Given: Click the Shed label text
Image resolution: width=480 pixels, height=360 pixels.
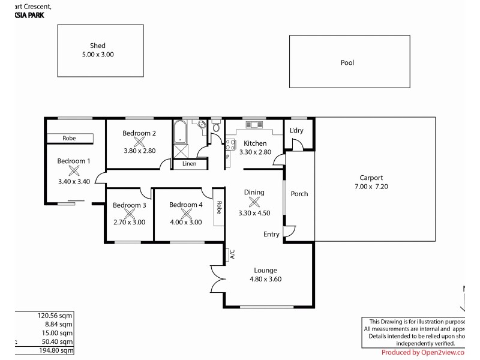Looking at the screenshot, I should [x=98, y=46].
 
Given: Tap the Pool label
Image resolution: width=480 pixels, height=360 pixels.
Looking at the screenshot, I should [x=347, y=62].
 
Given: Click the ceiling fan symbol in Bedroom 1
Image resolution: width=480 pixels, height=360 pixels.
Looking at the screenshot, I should [x=74, y=170].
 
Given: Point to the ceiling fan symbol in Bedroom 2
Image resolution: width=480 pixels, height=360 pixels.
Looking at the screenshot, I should [x=139, y=142].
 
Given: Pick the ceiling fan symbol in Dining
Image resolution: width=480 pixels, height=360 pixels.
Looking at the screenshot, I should [x=254, y=202].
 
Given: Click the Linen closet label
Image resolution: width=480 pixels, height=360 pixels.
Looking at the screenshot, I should [x=189, y=163].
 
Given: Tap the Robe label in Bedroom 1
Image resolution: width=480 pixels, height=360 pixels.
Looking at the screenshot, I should [x=69, y=138].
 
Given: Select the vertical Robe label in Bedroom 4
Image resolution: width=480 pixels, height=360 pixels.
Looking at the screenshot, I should [x=219, y=208].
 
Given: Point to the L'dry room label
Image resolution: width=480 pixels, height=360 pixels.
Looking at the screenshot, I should [x=296, y=131].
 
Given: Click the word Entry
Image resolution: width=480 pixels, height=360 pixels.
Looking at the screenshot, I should [x=271, y=234].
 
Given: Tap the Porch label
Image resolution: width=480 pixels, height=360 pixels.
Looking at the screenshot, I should [x=299, y=194].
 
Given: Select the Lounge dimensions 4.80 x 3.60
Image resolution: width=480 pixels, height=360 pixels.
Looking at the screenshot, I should [x=266, y=279].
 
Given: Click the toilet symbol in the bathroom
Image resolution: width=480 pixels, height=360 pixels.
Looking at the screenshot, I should [x=216, y=127].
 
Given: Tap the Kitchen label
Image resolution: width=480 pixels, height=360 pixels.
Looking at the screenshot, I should [x=255, y=143].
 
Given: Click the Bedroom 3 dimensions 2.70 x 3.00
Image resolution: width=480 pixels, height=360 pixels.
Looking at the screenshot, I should [x=129, y=221].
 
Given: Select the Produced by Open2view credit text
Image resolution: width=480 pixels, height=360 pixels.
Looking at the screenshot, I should [x=422, y=352].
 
